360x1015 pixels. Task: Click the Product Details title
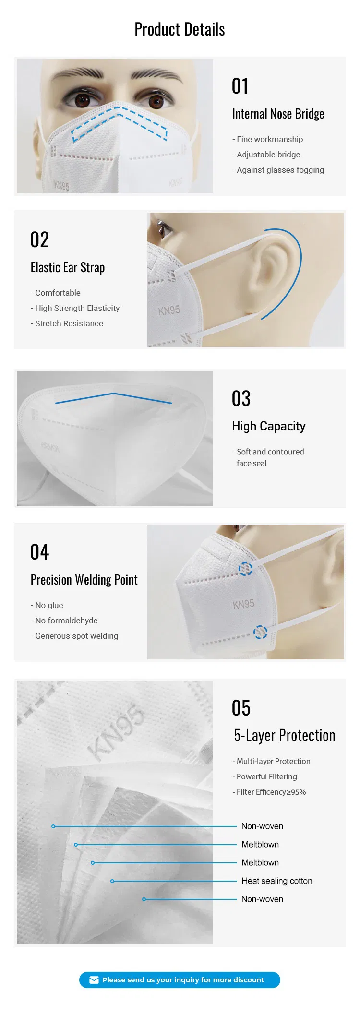pos(180,29)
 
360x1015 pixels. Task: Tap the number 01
pos(240,86)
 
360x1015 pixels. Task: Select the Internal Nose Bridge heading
pos(278,114)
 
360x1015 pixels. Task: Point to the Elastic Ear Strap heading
pos(68,268)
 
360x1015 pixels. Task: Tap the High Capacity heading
pos(269,426)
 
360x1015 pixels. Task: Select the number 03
pos(241,399)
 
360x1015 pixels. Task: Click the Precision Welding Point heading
pos(84,580)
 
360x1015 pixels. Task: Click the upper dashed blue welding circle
pos(245,569)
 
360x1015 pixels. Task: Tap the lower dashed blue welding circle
pos(260,632)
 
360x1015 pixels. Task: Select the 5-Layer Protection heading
pos(284,736)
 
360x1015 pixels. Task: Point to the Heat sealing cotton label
pos(276,881)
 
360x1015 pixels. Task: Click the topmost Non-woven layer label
pos(262,826)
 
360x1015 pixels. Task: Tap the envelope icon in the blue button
pos(94,980)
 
